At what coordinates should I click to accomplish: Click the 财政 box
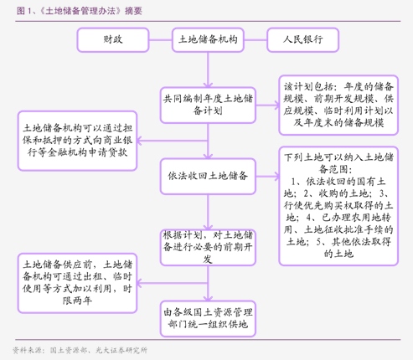(112, 39)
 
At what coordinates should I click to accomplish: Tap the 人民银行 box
(303, 39)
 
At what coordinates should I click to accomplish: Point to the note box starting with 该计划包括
(345, 104)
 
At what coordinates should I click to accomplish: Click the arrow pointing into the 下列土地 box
(266, 176)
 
